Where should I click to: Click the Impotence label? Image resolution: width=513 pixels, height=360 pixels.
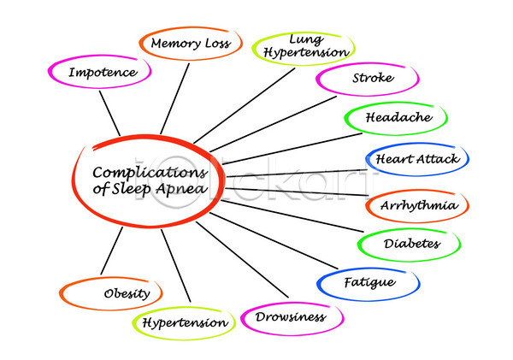pos(103,73)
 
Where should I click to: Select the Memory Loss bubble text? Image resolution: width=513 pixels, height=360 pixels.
pos(191,44)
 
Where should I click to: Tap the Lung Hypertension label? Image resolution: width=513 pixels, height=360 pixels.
pos(306,46)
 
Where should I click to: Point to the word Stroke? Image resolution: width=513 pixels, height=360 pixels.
pos(373,78)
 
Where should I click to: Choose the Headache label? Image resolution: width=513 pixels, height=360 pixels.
pos(398,117)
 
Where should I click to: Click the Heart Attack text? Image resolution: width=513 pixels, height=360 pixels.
pos(418,159)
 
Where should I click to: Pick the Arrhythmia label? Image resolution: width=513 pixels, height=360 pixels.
pos(418,205)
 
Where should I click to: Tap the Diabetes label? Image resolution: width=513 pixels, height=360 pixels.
pos(412,244)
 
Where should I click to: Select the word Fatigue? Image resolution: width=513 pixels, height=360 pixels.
pos(369,283)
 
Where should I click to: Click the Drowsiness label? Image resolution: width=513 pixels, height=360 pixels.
pos(291,316)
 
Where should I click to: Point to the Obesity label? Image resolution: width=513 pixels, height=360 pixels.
pos(127,293)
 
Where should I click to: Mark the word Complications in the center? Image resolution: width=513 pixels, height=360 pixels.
pos(150,173)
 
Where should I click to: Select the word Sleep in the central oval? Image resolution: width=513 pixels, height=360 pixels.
pos(131,189)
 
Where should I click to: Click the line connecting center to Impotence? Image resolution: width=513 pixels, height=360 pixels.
pos(109,113)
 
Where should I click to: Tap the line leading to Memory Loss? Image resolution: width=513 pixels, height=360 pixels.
pos(174,98)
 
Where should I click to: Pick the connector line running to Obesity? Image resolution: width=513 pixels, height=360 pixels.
pos(111,251)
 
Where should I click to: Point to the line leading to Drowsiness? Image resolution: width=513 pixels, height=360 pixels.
pos(242,260)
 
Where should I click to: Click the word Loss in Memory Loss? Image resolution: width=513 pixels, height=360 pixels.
pos(218,44)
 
